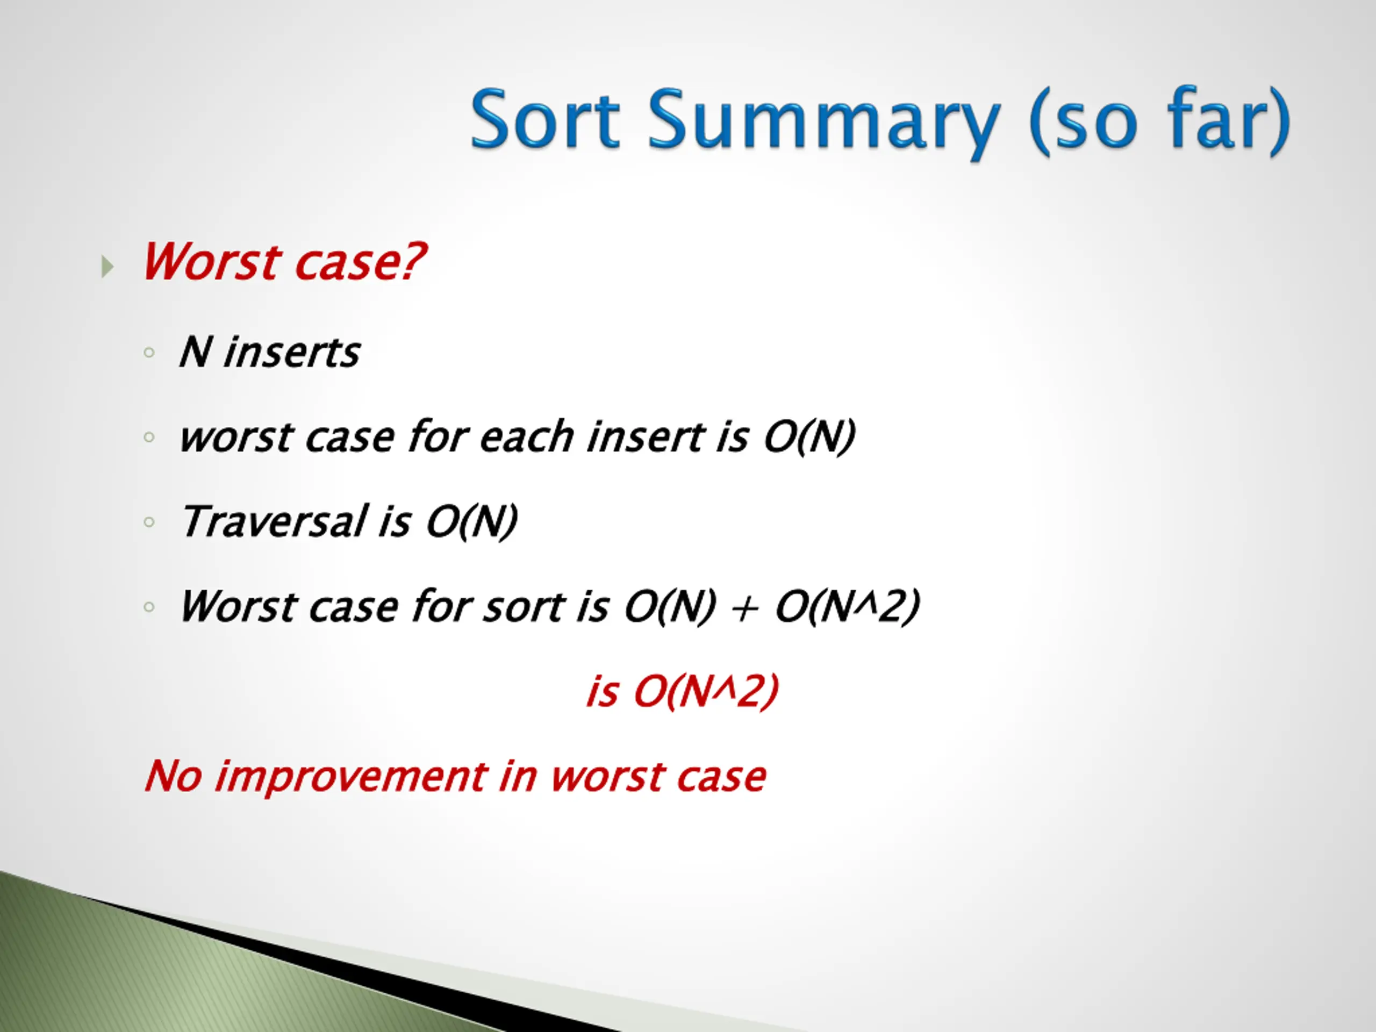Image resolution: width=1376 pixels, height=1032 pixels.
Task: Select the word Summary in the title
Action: click(823, 123)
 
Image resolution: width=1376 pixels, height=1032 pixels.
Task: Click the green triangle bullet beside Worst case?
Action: click(107, 267)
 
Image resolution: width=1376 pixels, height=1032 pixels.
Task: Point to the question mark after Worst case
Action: click(412, 261)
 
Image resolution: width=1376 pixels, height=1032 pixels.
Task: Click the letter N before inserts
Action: click(195, 352)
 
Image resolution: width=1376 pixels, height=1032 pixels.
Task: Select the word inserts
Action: click(292, 352)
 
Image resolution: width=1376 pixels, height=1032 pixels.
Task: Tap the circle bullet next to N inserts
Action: click(149, 353)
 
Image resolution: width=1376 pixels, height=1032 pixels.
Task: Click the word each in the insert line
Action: click(526, 436)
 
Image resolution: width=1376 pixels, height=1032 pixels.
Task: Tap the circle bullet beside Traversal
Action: click(149, 522)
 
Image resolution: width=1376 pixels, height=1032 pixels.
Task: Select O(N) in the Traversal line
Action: click(471, 522)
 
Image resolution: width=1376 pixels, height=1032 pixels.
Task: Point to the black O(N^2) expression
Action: click(847, 606)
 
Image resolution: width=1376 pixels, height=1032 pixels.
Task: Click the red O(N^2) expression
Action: click(705, 691)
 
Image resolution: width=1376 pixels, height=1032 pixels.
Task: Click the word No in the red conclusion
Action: click(173, 776)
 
